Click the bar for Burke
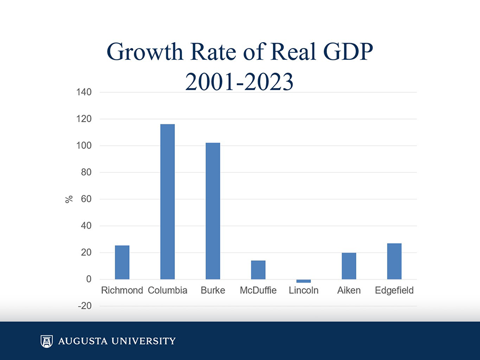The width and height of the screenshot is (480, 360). click(x=213, y=211)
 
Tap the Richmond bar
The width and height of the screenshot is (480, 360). click(x=122, y=262)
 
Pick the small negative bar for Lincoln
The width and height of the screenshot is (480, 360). click(x=303, y=281)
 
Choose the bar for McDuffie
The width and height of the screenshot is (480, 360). click(x=258, y=269)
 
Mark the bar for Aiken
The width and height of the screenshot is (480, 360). click(x=349, y=266)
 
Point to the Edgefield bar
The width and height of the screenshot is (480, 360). click(x=394, y=261)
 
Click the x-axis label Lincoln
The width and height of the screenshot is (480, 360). click(x=303, y=291)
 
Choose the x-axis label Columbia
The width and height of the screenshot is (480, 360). click(x=167, y=291)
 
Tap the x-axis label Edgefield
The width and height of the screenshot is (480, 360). click(x=394, y=291)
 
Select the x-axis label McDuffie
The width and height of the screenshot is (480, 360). click(x=258, y=291)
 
